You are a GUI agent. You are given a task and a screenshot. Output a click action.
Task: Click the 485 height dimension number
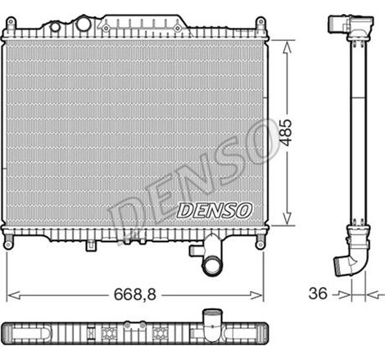(x=285, y=132)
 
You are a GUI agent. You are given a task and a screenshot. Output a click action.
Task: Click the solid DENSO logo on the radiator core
(x=215, y=209)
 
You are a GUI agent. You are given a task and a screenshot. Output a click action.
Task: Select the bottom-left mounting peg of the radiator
(x=8, y=242)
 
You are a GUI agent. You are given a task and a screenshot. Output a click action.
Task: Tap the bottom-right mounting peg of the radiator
(x=261, y=242)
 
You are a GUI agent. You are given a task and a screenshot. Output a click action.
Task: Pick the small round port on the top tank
(x=55, y=26)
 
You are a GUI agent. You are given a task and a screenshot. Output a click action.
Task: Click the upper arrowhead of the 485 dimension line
(x=285, y=43)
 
